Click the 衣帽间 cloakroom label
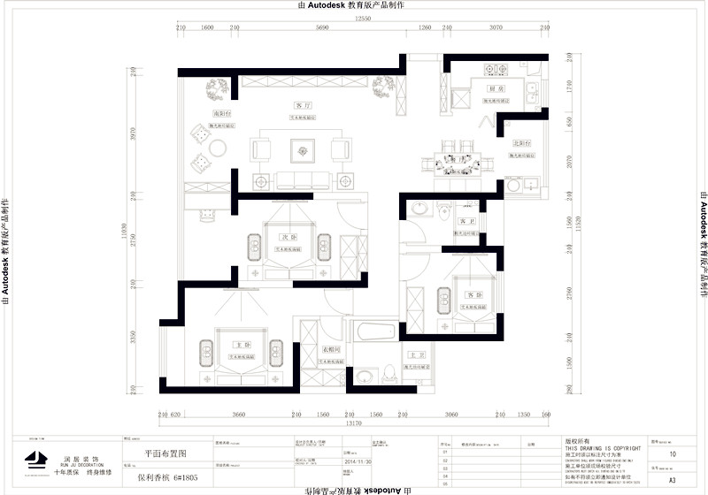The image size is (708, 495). point(332,350)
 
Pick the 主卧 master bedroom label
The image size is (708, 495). point(238,344)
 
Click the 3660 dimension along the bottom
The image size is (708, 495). point(233,414)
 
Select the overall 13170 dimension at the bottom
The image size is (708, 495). point(353,423)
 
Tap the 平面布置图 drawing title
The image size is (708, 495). point(166,453)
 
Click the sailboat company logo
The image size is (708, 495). point(35,459)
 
